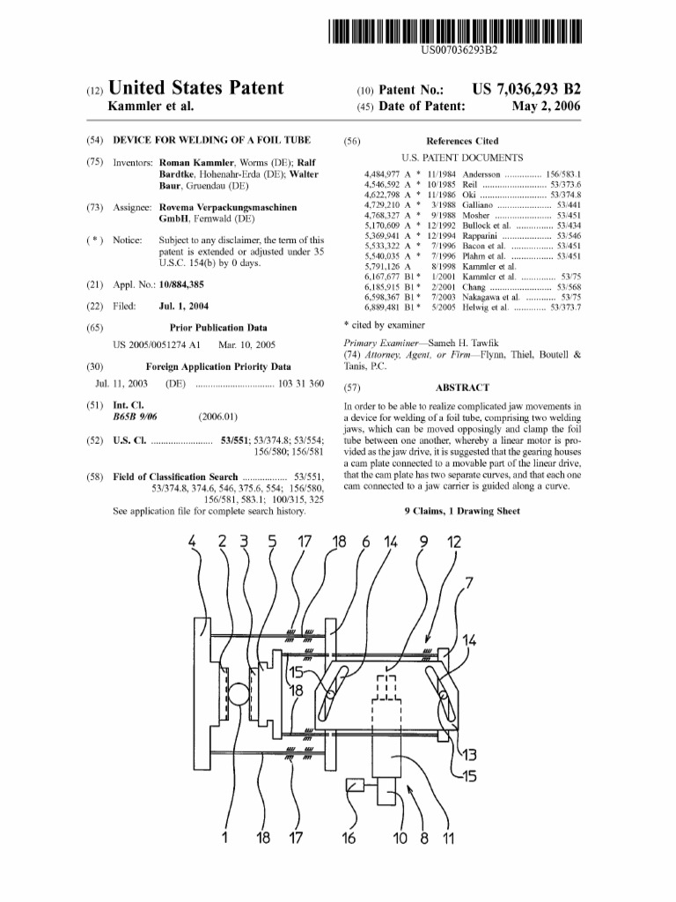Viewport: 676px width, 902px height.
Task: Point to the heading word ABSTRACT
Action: click(462, 387)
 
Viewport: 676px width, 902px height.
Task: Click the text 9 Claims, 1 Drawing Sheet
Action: click(462, 511)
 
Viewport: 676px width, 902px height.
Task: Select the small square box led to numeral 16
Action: click(356, 785)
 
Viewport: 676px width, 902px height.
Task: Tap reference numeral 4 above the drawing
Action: click(194, 543)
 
